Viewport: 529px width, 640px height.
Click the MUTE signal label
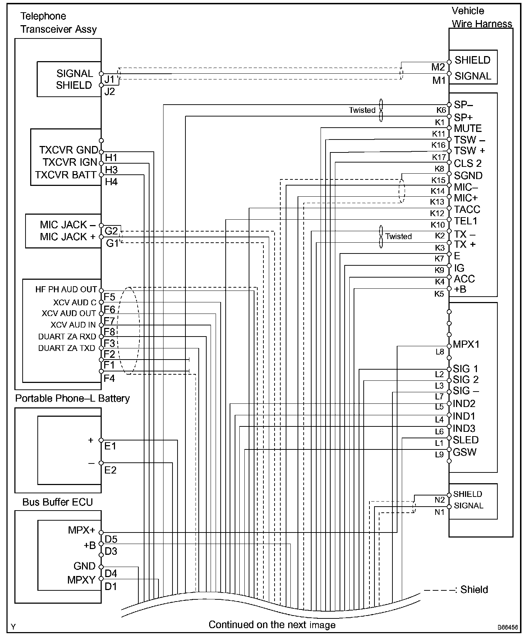point(468,128)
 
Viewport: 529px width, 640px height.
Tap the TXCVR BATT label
point(66,175)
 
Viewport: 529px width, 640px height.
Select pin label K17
point(439,157)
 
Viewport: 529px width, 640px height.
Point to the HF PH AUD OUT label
point(66,289)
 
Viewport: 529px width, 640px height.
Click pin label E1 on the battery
point(110,446)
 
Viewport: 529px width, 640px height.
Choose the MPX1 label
point(466,344)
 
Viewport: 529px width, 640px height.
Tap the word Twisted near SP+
point(362,110)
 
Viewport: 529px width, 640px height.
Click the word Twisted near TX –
point(399,236)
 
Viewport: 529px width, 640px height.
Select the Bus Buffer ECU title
point(57,502)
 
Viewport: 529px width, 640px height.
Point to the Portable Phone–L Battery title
point(72,398)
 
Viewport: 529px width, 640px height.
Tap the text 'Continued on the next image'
point(272,625)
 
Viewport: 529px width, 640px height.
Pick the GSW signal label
point(465,452)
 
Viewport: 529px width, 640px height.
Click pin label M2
point(438,67)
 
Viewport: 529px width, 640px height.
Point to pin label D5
point(111,539)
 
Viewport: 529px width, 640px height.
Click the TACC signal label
point(467,209)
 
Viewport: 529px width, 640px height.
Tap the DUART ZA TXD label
point(67,348)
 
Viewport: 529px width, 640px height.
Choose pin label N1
point(440,512)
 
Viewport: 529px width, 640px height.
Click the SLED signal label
point(466,440)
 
